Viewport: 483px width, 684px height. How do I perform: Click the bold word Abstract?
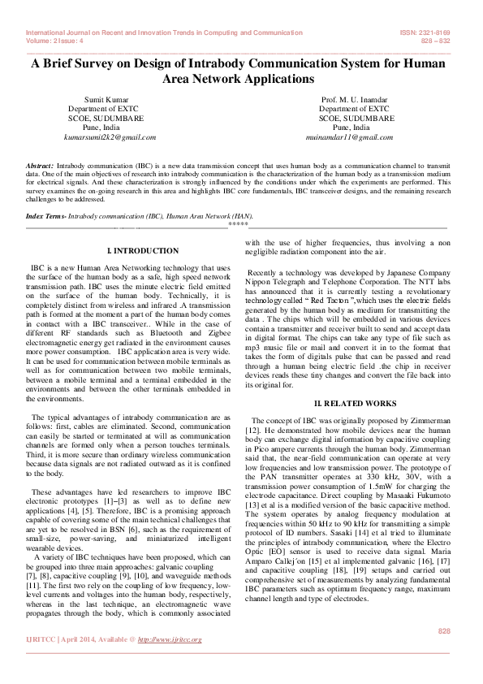[x=41, y=165]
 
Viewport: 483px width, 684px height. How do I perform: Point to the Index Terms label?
[x=46, y=217]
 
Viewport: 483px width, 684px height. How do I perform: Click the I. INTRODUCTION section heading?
[x=143, y=251]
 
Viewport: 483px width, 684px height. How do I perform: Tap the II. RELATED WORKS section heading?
[x=356, y=404]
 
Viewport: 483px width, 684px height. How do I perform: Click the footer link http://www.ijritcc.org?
[x=170, y=639]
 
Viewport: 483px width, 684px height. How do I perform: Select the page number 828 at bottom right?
[x=444, y=631]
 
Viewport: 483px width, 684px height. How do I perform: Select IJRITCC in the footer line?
[x=44, y=639]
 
